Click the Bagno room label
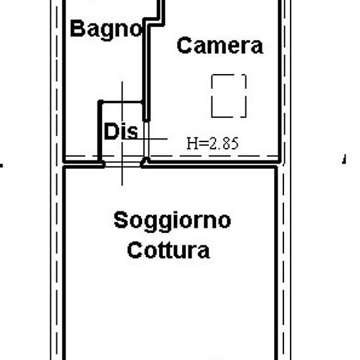[x=106, y=30]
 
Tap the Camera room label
[x=220, y=45]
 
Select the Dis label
[x=121, y=131]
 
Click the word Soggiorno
[x=172, y=221]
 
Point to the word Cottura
[x=168, y=250]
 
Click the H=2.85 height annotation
[x=213, y=143]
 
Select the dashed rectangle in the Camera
[x=229, y=96]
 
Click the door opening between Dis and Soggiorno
[x=122, y=164]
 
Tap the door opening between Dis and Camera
[x=146, y=139]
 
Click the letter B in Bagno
[x=77, y=28]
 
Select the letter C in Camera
[x=185, y=45]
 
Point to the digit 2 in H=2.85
[x=214, y=143]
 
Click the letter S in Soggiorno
[x=121, y=220]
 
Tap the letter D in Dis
[x=111, y=131]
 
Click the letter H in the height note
[x=192, y=143]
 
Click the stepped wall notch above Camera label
[x=154, y=22]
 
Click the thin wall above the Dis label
[x=121, y=101]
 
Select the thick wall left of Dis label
[x=100, y=131]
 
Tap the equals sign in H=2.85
[x=204, y=143]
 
